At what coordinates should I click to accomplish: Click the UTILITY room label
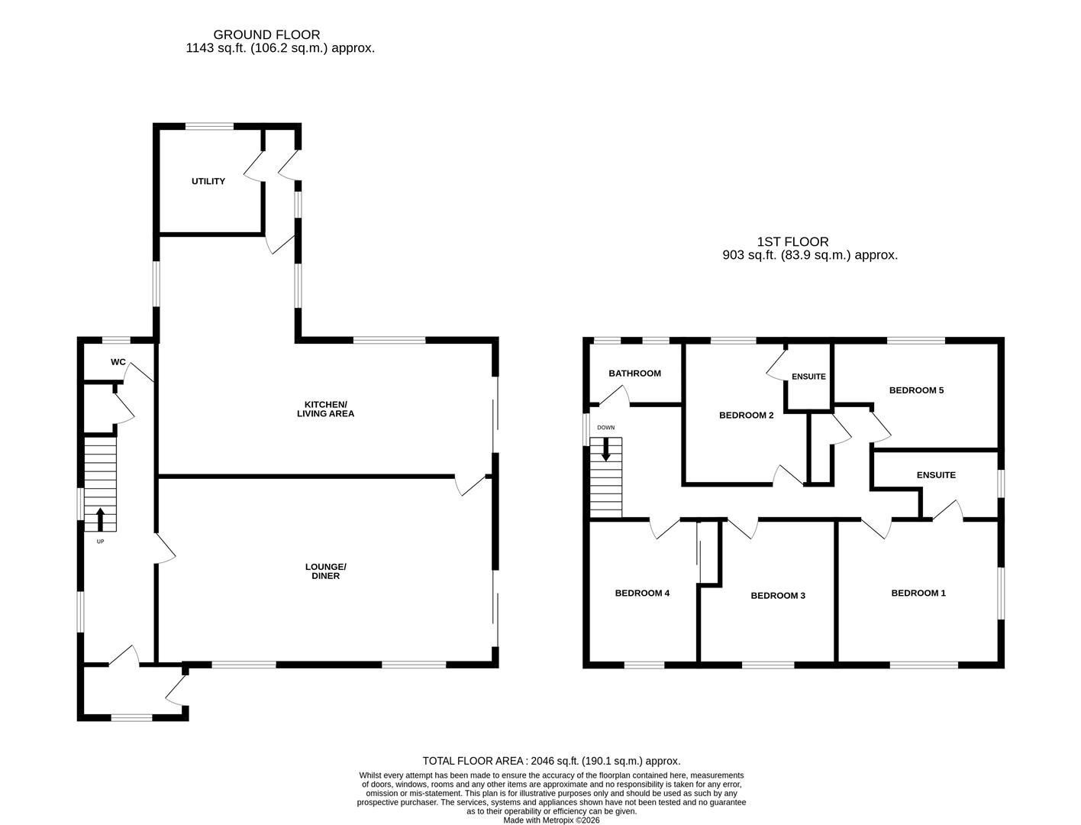(x=208, y=182)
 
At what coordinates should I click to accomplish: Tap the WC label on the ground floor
(x=118, y=362)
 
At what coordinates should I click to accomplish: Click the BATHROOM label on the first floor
(x=634, y=374)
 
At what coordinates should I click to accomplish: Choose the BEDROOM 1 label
(x=918, y=593)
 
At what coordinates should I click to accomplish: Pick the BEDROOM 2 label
(x=746, y=416)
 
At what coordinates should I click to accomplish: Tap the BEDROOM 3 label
(x=777, y=596)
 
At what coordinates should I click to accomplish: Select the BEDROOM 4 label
(x=642, y=593)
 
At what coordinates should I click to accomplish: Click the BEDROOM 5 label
(x=916, y=390)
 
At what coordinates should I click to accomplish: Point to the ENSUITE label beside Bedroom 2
(x=808, y=377)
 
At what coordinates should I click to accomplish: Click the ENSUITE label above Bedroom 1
(x=935, y=475)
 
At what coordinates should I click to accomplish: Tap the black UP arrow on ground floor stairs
(x=100, y=519)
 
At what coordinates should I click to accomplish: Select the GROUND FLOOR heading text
(x=266, y=34)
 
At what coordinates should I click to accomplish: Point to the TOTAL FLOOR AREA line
(x=551, y=761)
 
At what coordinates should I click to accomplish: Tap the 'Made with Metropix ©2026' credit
(x=551, y=820)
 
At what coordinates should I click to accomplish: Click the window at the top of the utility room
(x=210, y=127)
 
